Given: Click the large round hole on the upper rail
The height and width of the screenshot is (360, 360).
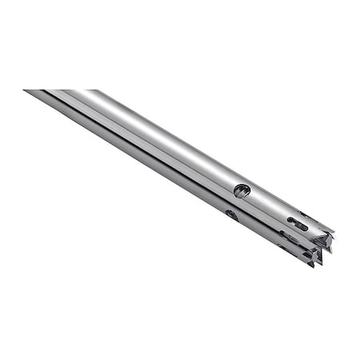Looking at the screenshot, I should click(x=242, y=190).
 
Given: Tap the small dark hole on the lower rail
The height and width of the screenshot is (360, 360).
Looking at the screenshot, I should click(x=231, y=214).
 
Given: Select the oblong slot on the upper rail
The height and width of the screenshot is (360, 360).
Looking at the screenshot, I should click(x=298, y=223).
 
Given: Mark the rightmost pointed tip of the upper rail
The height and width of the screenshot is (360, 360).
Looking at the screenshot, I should click(x=333, y=234).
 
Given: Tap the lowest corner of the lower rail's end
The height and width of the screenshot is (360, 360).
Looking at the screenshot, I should click(x=311, y=265).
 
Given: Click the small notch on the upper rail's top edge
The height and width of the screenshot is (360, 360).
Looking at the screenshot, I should click(x=303, y=213).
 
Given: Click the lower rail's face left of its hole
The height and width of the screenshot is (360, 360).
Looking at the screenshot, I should click(x=200, y=200).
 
